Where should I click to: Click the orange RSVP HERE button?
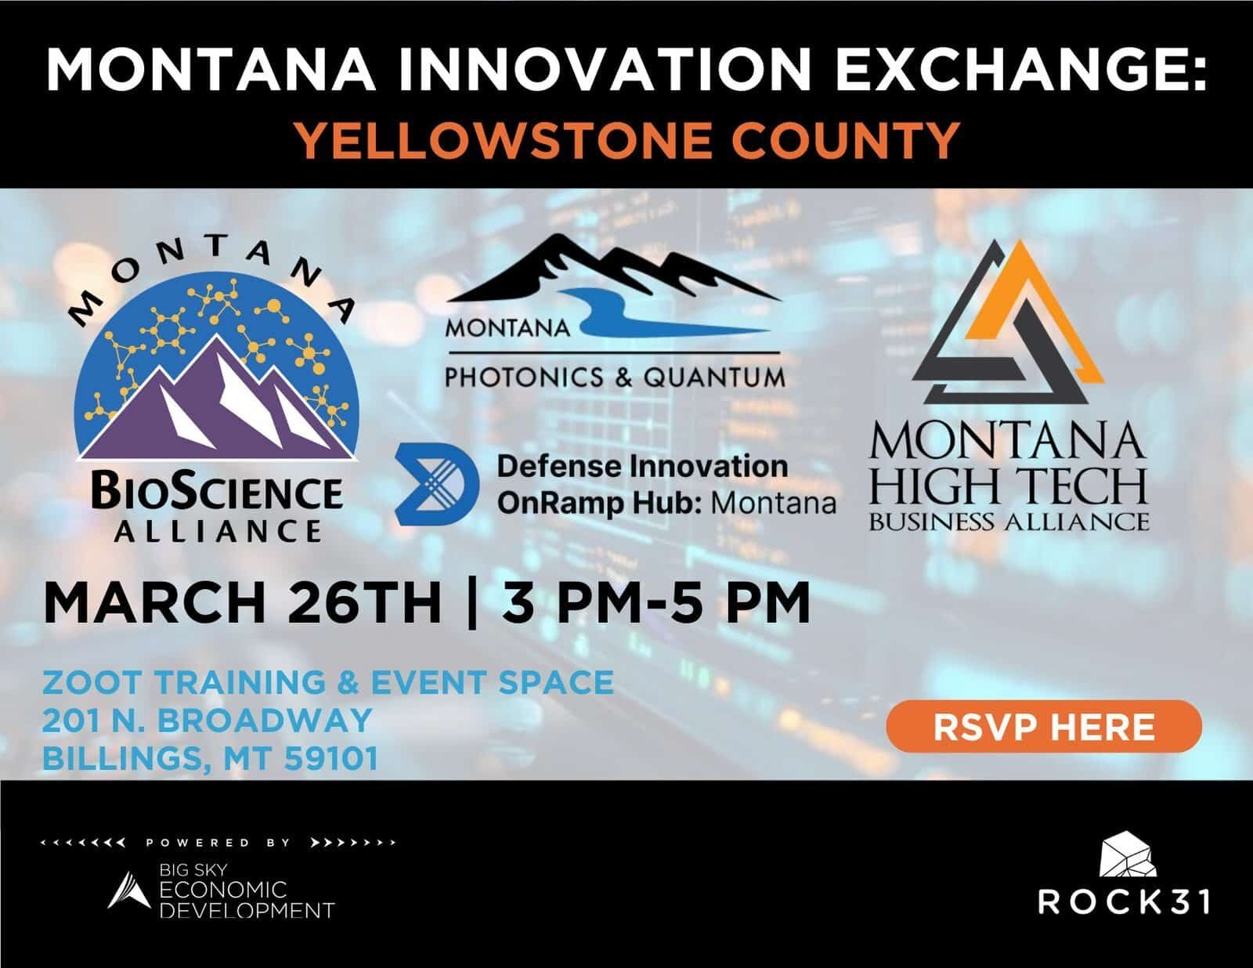coord(1043,727)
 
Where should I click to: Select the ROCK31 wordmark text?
coord(1123,901)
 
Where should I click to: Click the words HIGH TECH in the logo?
coord(1009,487)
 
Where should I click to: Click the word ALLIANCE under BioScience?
coord(217,532)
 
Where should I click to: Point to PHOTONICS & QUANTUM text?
coord(614,378)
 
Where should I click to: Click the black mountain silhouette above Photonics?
coord(611,270)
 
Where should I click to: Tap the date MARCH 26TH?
coord(243,604)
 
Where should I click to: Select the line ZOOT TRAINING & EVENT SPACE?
coord(327,682)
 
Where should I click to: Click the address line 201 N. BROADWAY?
coord(207,720)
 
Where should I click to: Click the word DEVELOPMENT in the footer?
coord(247,910)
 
